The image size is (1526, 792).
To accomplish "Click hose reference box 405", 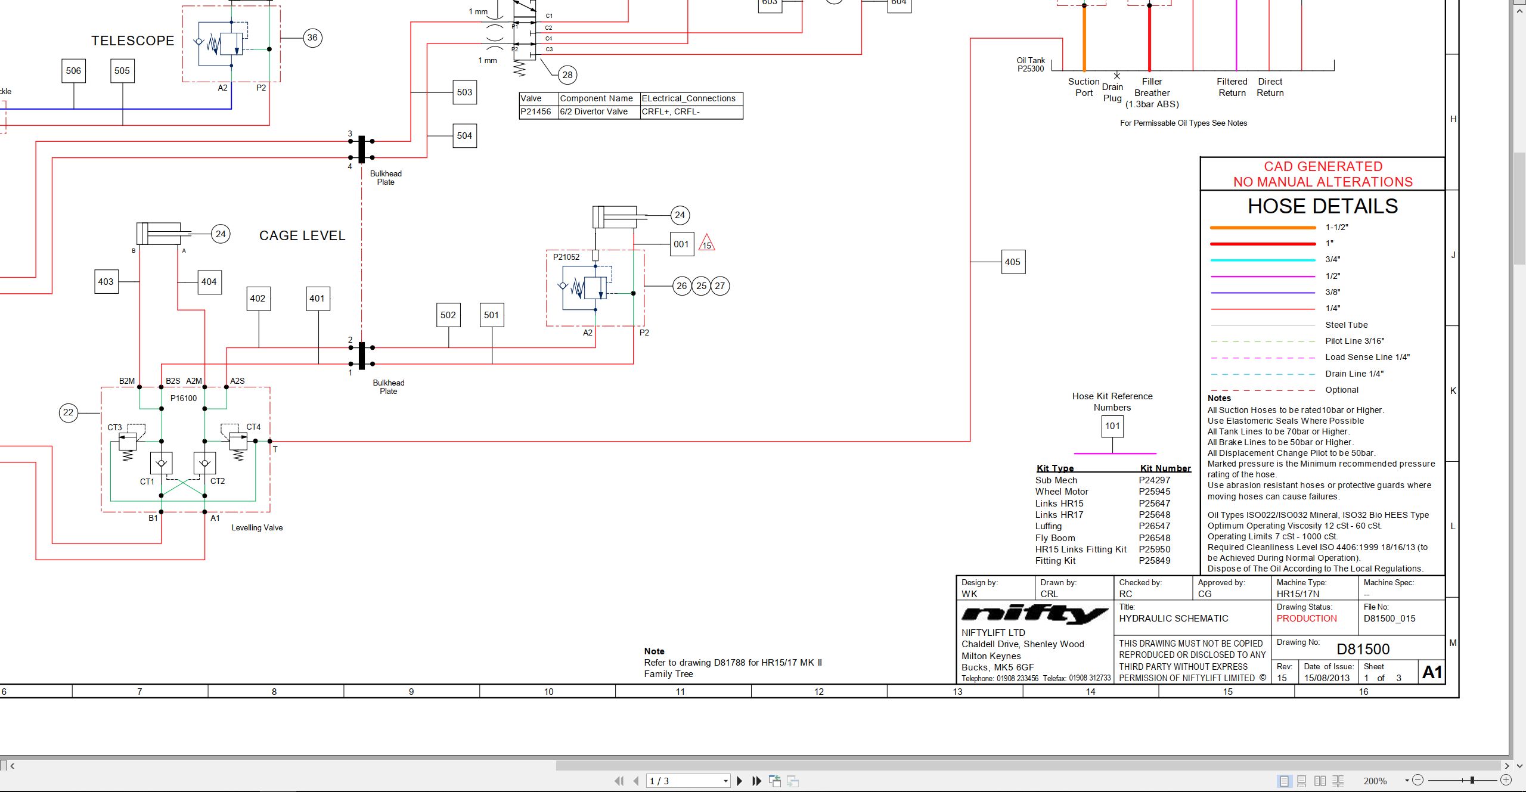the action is tap(1013, 262).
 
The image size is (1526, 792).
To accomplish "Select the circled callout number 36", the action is tap(312, 38).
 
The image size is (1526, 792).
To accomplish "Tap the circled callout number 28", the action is tap(567, 74).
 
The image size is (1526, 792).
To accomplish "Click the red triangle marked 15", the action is tap(706, 243).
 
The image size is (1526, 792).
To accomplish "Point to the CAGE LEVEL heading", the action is tap(302, 235).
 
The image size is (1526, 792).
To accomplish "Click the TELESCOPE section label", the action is tap(133, 41).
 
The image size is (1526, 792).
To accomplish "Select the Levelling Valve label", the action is tap(257, 527).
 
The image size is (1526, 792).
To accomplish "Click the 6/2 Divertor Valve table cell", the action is tap(599, 111).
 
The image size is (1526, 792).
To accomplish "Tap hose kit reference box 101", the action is tap(1112, 426).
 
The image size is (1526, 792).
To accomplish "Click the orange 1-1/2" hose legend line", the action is tap(1263, 228).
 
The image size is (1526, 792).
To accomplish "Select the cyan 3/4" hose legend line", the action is tap(1263, 260).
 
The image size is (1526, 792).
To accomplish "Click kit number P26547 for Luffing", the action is tap(1155, 526).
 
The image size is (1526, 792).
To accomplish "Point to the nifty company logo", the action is tap(1034, 614).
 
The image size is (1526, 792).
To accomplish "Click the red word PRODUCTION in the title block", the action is tap(1307, 619).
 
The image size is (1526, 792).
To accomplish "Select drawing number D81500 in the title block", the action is tap(1363, 649).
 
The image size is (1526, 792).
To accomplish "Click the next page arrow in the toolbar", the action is tap(740, 781).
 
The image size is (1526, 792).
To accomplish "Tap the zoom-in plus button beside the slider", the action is tap(1506, 780).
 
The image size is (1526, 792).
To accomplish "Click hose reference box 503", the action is tap(464, 92).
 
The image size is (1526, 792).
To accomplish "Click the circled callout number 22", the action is tap(69, 412).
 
